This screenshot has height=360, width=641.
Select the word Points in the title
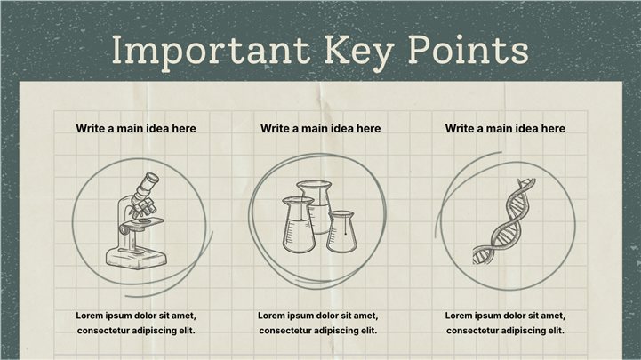(469, 50)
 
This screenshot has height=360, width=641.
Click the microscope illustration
(136, 221)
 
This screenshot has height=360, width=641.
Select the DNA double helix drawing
(503, 221)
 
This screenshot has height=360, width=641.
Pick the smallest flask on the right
(341, 231)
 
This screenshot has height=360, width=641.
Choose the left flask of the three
(299, 224)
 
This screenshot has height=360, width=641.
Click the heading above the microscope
(136, 128)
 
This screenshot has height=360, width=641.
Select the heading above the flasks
(320, 128)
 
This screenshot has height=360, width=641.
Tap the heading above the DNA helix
(505, 128)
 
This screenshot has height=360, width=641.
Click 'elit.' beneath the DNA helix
(557, 330)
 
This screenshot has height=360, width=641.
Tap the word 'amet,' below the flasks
(365, 316)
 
